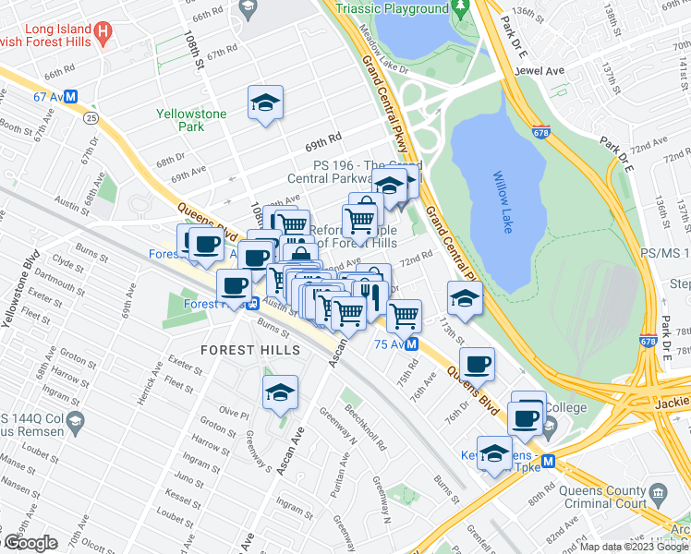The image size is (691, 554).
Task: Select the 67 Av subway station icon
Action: click(x=70, y=95)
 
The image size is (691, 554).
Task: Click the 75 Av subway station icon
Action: click(x=413, y=343)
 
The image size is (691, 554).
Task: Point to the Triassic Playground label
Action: click(x=393, y=8)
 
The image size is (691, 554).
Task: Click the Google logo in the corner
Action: click(x=30, y=543)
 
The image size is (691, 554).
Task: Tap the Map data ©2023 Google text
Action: click(x=634, y=547)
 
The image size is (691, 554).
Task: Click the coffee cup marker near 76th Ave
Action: click(x=477, y=363)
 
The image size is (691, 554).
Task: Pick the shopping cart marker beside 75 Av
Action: click(x=404, y=315)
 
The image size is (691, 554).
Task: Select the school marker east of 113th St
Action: click(x=464, y=297)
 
